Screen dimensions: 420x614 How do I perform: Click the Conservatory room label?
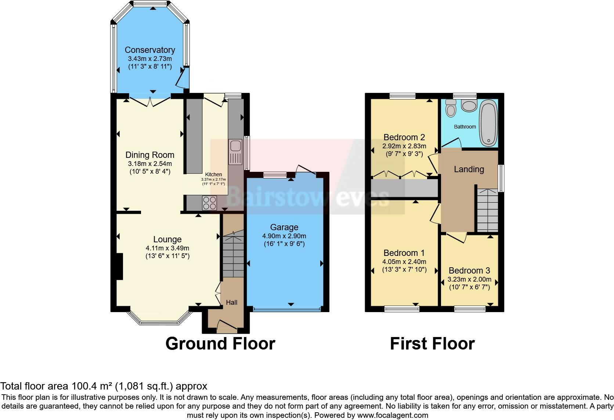[x=149, y=50]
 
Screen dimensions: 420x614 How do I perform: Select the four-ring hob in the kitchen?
[x=209, y=203]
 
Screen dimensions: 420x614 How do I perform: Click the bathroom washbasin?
[x=468, y=106]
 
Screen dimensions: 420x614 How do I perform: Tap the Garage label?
[x=284, y=227]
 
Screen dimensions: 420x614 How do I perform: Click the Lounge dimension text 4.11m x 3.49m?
[x=167, y=248]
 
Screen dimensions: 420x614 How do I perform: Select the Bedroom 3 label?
[x=469, y=271]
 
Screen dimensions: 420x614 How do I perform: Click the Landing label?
[x=469, y=169]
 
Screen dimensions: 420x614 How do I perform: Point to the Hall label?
[x=231, y=303]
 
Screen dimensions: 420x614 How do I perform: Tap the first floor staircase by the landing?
[x=487, y=210]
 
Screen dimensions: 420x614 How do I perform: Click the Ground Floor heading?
[x=220, y=344]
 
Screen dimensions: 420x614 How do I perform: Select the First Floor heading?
[x=432, y=344]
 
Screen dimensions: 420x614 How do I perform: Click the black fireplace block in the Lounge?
[x=119, y=267]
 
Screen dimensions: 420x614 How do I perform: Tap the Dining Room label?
[x=150, y=155]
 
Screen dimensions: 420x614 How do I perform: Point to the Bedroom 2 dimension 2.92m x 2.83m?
[x=404, y=146]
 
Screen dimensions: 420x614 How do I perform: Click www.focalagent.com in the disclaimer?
[x=393, y=416]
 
